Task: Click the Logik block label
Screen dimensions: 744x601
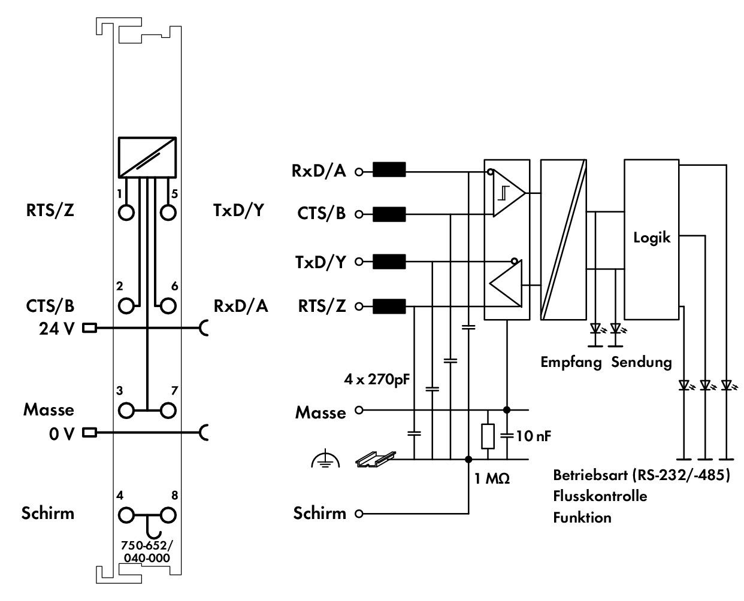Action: click(651, 238)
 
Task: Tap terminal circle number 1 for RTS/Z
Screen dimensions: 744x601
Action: click(126, 213)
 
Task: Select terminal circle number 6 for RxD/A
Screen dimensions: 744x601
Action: click(168, 306)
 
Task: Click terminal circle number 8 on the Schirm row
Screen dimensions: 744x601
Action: click(168, 515)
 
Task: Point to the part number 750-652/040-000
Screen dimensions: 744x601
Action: click(147, 551)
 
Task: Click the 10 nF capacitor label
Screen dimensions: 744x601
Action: click(533, 436)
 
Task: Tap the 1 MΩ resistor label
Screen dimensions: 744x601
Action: click(492, 478)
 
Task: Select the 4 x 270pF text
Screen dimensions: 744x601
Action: click(377, 379)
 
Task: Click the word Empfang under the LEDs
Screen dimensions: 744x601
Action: click(571, 363)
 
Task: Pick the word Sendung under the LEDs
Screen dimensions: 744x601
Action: click(642, 362)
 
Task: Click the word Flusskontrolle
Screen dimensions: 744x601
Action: click(600, 496)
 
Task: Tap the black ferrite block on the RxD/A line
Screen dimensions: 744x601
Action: click(389, 169)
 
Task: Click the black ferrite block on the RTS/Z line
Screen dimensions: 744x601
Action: click(389, 306)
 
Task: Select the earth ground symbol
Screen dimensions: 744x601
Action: click(325, 459)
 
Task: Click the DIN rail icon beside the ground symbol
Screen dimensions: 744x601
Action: click(376, 459)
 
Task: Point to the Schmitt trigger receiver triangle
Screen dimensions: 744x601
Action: click(508, 193)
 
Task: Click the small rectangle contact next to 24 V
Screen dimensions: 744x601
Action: click(89, 328)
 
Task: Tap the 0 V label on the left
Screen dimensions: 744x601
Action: click(62, 434)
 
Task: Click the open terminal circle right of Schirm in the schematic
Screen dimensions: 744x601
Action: click(359, 514)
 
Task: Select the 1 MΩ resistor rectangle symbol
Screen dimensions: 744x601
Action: click(488, 436)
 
